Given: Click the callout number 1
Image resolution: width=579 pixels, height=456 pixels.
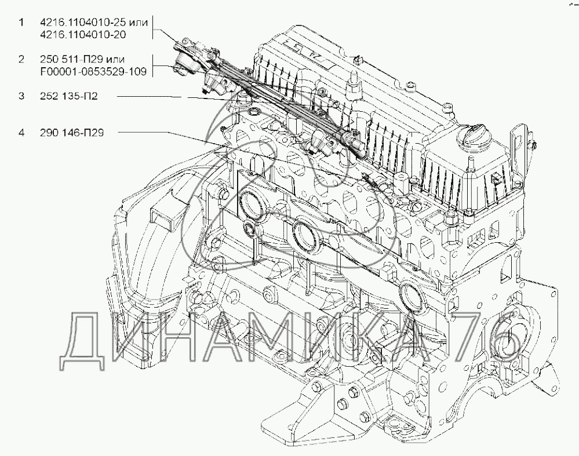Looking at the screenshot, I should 21,23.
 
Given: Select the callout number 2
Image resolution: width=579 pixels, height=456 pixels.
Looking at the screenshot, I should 21,60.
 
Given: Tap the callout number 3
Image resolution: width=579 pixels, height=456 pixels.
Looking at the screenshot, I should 21,96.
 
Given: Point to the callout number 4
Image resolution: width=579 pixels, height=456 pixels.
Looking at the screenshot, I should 21,133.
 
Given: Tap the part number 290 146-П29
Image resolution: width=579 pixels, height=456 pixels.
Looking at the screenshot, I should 72,133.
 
